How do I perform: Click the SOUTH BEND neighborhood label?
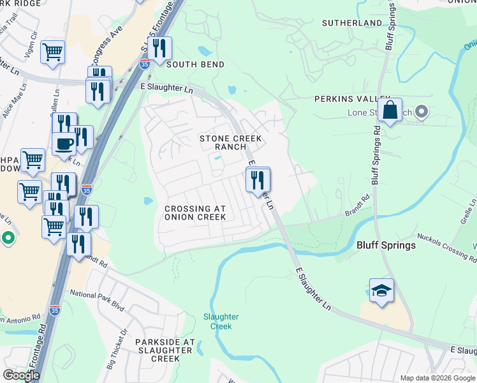tap(195, 64)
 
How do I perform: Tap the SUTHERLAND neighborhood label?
tap(351, 23)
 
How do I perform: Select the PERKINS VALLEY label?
tap(348, 99)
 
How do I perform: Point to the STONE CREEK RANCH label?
tap(223, 142)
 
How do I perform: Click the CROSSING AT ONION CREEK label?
tap(195, 213)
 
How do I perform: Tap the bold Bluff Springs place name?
tap(386, 245)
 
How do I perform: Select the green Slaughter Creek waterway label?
tap(221, 321)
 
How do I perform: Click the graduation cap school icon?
tap(381, 290)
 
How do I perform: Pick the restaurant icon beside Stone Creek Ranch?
tap(258, 181)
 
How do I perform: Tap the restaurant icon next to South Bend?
tap(159, 48)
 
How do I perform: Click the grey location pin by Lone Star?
tap(421, 113)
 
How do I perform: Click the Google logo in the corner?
tap(21, 375)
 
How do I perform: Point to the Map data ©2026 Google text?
tap(437, 378)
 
